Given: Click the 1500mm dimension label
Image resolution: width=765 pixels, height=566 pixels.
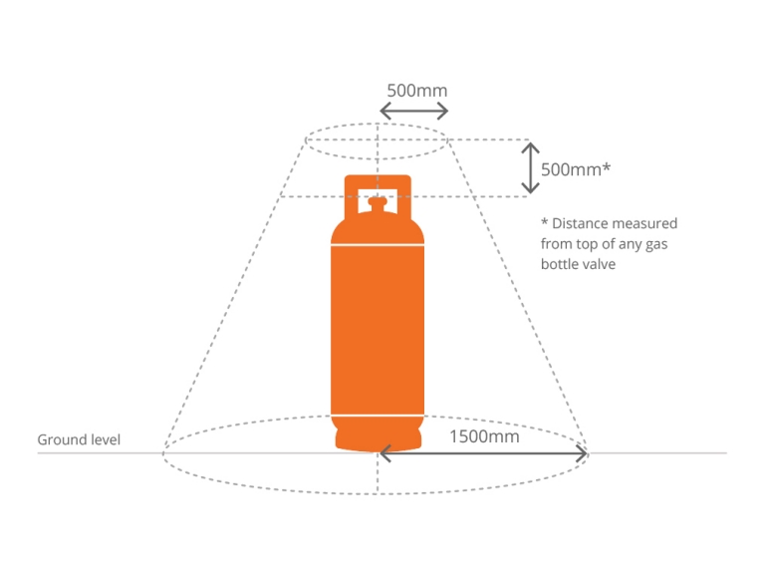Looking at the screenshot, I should click(x=484, y=435).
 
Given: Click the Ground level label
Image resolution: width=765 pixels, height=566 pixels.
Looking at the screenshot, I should click(x=79, y=439).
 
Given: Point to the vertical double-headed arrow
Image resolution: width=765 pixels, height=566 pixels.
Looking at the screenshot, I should click(x=530, y=167).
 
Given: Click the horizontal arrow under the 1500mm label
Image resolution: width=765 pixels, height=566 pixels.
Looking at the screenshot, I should click(x=483, y=454).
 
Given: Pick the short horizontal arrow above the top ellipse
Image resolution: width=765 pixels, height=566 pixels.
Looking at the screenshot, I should click(x=413, y=112).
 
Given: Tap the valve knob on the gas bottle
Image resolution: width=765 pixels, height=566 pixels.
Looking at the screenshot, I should click(x=378, y=203).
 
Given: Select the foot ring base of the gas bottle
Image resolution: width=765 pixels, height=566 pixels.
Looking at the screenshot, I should click(x=378, y=438).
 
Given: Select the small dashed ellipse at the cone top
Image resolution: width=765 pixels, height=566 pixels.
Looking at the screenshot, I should click(x=378, y=141).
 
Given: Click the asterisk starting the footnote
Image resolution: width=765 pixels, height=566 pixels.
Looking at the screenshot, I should click(x=545, y=222).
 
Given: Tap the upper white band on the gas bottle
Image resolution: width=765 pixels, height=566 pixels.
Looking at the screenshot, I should click(x=378, y=246).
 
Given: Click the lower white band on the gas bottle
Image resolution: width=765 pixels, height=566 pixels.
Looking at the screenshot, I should click(x=378, y=413).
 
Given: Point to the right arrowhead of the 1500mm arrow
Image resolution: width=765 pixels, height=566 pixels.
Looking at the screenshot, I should click(x=581, y=454).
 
